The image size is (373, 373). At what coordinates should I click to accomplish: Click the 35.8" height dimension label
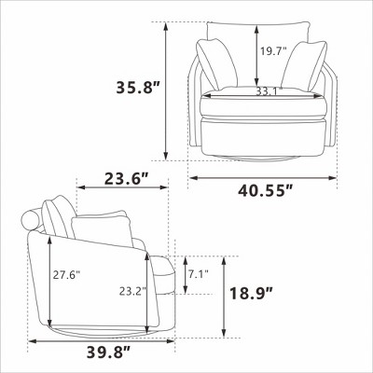point(138,87)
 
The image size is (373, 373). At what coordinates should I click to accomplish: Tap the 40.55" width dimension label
point(266,189)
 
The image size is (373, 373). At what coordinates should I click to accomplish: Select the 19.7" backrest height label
point(273,51)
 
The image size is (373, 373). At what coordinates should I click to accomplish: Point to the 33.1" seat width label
point(269,91)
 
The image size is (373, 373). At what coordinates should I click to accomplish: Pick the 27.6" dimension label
point(66,275)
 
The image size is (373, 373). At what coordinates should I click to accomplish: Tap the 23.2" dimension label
point(132,291)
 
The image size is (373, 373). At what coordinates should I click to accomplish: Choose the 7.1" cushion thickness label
point(199,274)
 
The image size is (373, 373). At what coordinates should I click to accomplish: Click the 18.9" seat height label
point(252,294)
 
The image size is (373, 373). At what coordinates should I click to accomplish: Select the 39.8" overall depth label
point(108,352)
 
